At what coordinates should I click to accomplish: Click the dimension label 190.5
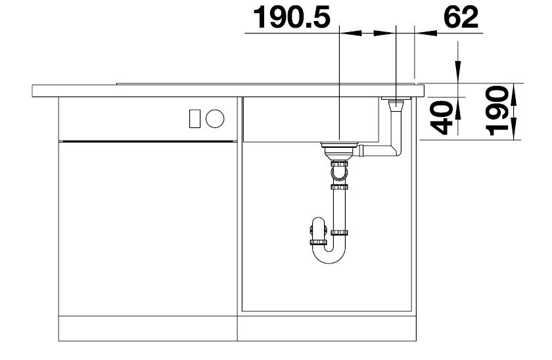coord(292,17)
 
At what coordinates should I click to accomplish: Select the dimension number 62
coord(461,17)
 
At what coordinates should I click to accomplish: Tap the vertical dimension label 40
coord(442,118)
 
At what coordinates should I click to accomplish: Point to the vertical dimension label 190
coord(497,111)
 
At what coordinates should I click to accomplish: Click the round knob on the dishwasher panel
coord(215,118)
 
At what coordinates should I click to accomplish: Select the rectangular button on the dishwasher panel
coord(195,119)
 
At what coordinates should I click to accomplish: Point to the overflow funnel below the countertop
coord(396,106)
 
